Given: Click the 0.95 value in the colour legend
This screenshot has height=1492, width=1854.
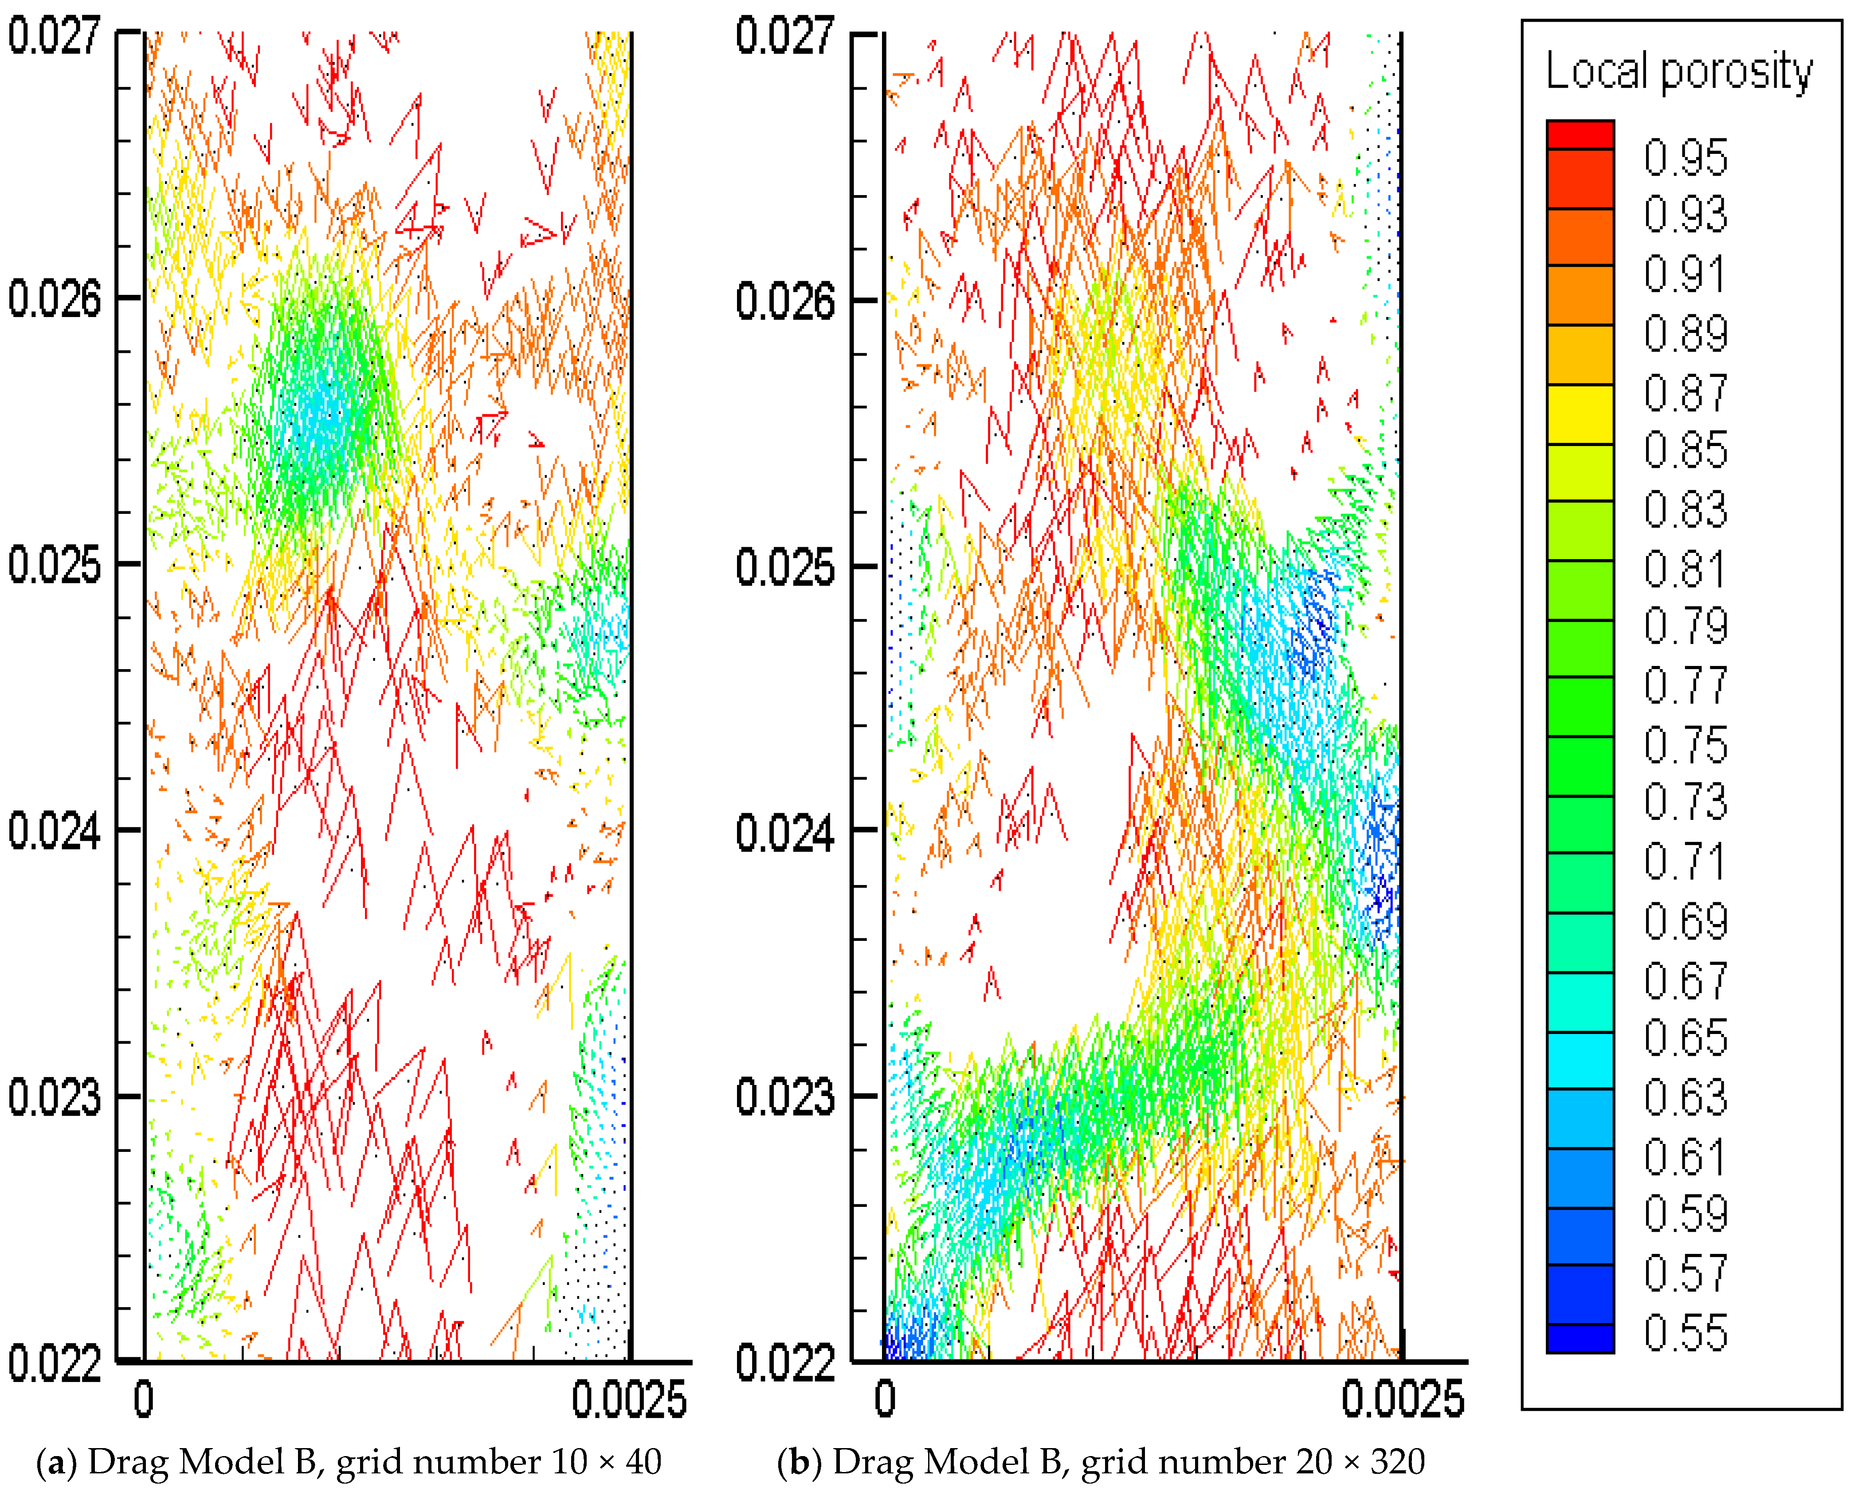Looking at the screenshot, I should (1685, 157).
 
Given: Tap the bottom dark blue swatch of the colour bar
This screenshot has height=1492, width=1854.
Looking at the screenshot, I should (1580, 1338).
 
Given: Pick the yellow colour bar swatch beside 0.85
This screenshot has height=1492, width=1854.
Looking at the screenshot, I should (1580, 415).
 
